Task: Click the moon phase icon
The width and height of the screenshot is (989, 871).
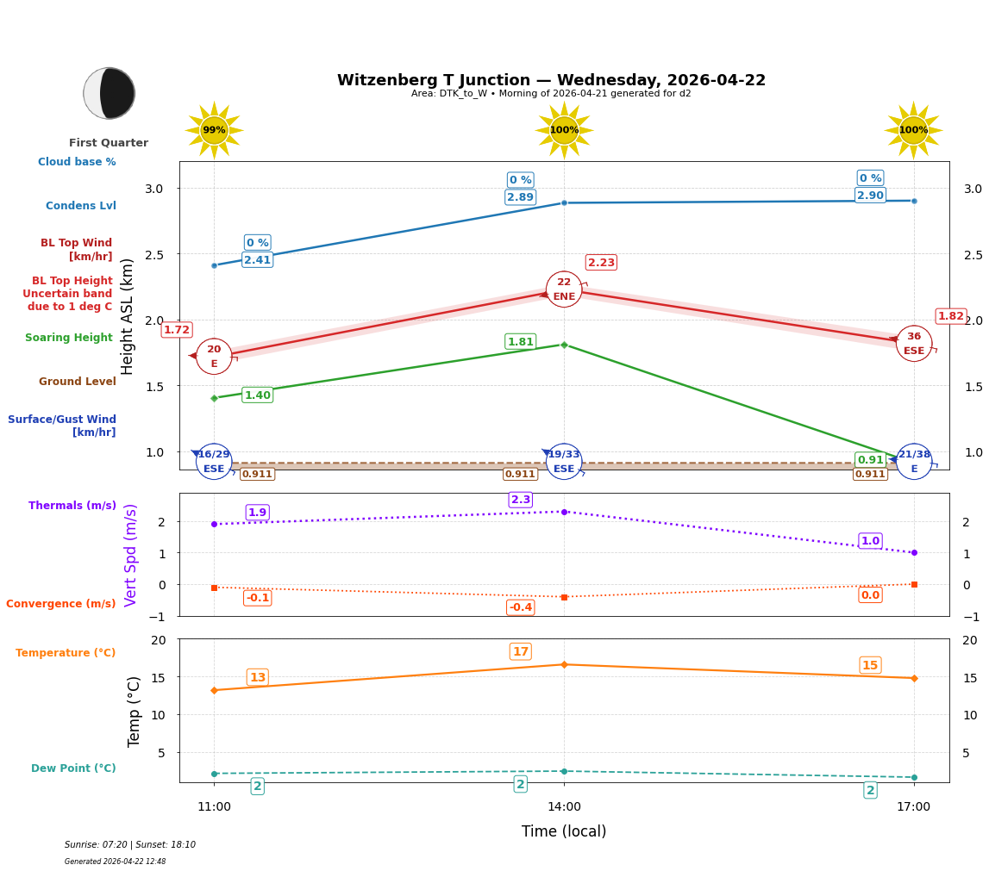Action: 110,93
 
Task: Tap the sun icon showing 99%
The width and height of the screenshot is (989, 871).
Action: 214,130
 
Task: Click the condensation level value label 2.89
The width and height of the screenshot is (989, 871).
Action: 520,197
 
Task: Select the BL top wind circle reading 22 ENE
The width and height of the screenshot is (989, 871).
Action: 564,289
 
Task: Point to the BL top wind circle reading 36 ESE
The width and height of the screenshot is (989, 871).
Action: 913,344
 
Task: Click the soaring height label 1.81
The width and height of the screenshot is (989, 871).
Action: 520,342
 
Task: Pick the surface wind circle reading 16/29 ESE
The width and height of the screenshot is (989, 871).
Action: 214,462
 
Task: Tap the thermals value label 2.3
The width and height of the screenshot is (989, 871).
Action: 521,500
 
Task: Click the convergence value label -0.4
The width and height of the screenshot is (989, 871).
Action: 520,607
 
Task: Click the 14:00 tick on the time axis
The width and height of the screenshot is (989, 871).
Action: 564,806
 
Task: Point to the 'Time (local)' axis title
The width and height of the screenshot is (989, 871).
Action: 564,831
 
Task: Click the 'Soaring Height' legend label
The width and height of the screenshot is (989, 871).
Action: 69,338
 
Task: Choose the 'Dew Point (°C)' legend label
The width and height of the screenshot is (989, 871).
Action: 73,768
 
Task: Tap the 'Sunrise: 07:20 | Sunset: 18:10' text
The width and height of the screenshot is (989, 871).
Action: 130,845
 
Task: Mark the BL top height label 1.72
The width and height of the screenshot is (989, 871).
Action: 177,330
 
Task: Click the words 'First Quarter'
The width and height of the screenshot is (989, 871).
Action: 109,143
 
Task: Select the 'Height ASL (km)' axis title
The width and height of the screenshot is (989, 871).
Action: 128,316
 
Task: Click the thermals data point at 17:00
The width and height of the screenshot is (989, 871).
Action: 914,552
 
